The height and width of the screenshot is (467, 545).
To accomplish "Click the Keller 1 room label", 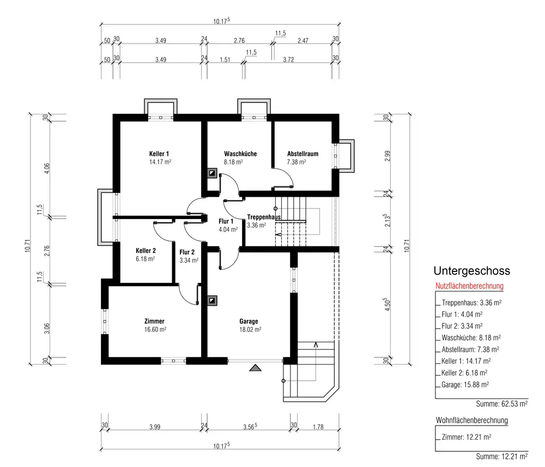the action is pos(159,154).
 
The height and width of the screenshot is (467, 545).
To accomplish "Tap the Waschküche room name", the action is pos(240,154).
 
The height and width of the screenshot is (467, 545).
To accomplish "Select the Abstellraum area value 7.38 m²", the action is pos(296,162).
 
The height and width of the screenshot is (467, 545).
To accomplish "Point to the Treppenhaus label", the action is pos(264,217).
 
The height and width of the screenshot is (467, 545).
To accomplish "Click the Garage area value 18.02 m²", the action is pos(250,329).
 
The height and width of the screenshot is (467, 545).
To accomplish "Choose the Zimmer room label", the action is pos(154,321).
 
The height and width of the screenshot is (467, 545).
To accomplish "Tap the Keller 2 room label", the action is pos(146,251).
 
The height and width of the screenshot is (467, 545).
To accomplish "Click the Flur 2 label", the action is pos(187,252).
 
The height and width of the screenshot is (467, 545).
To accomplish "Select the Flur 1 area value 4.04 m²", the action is pos(228,229).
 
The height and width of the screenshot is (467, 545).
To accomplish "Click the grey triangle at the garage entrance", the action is pos(255,368).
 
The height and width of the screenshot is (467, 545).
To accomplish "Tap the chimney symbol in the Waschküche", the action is pos(212,173).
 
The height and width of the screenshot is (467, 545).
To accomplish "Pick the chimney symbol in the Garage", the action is pos(212,301).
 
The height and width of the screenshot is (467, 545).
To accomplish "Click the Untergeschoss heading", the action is pos(471,271).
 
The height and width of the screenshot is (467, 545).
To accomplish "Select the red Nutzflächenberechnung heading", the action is pos(469,286).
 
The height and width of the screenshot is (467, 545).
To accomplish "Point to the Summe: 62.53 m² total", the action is pos(501,404).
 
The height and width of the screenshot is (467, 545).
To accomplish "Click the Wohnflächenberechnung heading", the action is pos(471,420).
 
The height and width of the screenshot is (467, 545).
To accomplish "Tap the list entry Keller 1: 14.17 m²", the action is pos(466,361).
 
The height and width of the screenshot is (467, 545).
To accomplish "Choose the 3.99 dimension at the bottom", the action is pos(155,427).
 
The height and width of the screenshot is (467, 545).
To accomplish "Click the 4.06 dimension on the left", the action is pos(47,168).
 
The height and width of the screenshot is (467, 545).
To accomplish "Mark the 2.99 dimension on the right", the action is pos(387,156).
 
